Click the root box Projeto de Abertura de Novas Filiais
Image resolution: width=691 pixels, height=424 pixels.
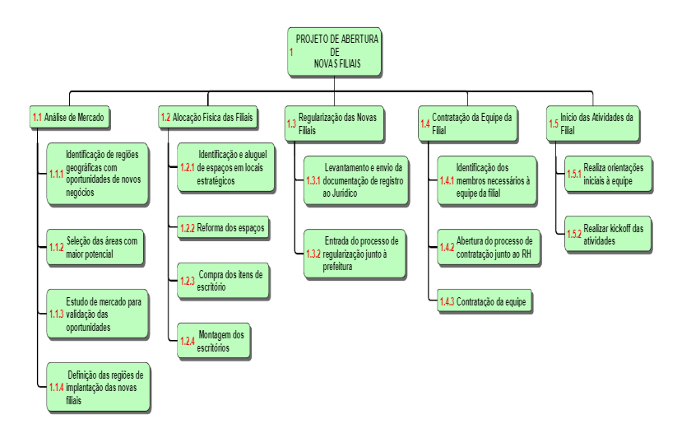[x=334, y=52]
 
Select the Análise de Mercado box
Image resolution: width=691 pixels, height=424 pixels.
[x=69, y=118]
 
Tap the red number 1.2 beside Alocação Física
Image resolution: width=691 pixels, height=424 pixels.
[x=165, y=118]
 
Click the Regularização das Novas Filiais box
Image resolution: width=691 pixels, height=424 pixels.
[x=334, y=123]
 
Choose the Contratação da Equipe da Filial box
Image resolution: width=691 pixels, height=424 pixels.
[x=467, y=123]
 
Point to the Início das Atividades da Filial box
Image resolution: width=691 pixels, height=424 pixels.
[x=593, y=123]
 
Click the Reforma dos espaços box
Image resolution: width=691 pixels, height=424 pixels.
[x=223, y=228]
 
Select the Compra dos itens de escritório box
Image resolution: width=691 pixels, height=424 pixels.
[x=223, y=281]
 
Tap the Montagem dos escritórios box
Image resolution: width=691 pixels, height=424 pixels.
[x=214, y=341]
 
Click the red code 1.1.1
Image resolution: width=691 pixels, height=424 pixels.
[x=56, y=174]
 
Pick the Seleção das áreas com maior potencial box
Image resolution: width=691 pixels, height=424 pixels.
[x=95, y=247]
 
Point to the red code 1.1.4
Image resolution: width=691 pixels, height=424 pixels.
[x=57, y=388]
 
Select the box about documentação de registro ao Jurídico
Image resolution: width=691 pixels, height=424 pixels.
[x=356, y=180]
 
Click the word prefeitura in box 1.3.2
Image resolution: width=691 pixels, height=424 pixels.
[x=337, y=267]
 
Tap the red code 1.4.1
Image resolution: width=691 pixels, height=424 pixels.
[x=447, y=180]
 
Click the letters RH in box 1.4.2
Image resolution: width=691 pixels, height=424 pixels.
[x=526, y=254]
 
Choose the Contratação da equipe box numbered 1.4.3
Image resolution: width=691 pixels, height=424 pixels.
[x=485, y=302]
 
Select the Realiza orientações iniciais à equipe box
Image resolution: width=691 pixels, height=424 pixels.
[x=608, y=174]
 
